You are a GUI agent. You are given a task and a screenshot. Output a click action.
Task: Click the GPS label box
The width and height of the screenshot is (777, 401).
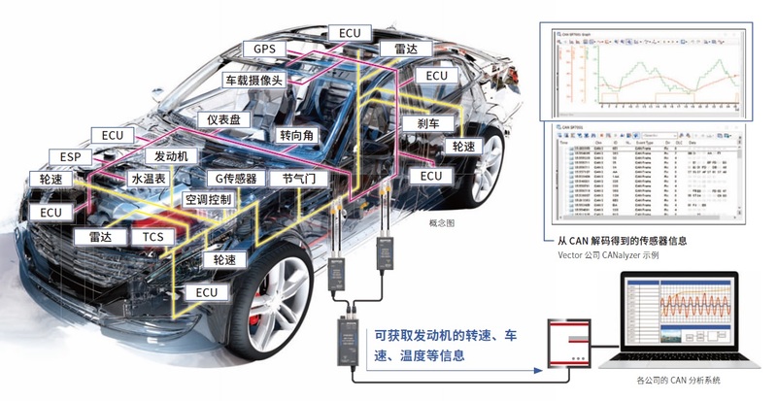pos(265,49)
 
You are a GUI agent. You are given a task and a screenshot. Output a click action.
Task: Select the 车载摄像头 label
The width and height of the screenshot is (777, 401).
pos(253,80)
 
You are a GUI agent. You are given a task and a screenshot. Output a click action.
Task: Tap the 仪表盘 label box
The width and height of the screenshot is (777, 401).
pos(229,119)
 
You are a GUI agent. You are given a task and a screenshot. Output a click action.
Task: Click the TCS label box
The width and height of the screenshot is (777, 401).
pos(152,237)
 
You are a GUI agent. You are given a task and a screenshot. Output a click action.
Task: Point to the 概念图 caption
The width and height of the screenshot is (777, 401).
pos(442,223)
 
